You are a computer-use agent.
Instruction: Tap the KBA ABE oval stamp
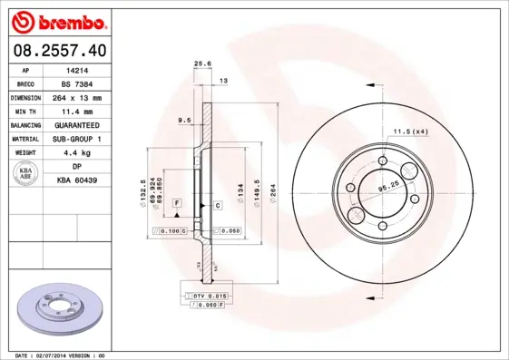(26, 173)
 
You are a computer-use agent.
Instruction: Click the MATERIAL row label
(26, 139)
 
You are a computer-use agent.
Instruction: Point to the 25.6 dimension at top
(202, 63)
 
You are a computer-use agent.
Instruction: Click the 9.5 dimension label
(183, 119)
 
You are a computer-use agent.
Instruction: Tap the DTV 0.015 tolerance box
(209, 296)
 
